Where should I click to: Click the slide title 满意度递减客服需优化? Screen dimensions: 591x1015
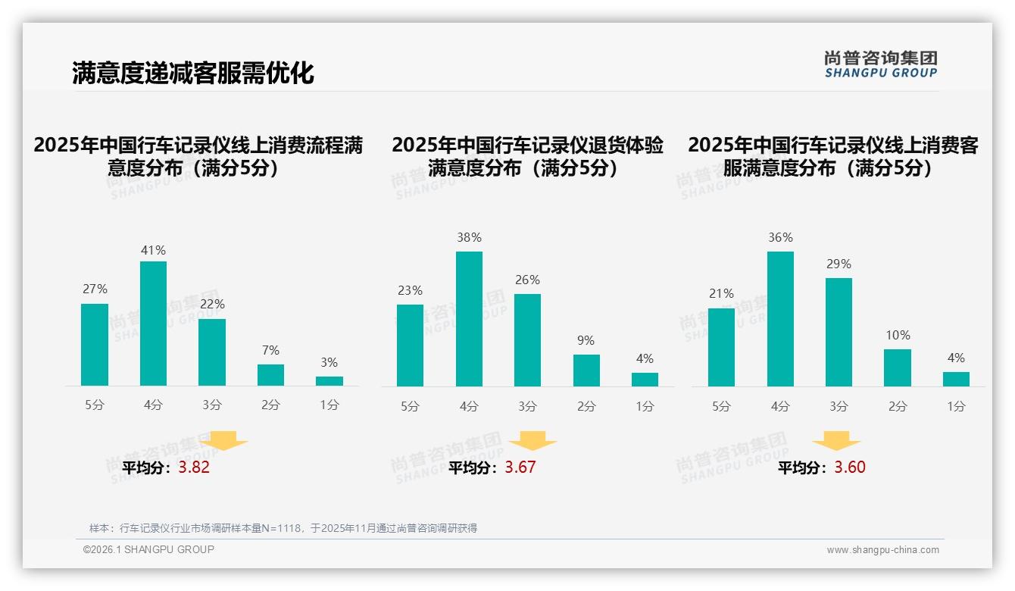pyautogui.click(x=192, y=73)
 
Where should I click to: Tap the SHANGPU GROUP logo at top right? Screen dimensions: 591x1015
pyautogui.click(x=880, y=64)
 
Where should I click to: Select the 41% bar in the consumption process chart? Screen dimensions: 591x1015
pyautogui.click(x=153, y=324)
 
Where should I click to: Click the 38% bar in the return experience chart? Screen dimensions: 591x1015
pyautogui.click(x=469, y=319)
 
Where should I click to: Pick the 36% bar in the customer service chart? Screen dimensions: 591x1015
pyautogui.click(x=780, y=319)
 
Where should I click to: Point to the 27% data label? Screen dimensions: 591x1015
pyautogui.click(x=95, y=289)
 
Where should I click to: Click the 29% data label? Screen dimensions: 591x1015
pyautogui.click(x=839, y=264)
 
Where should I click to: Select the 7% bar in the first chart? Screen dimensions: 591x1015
pyautogui.click(x=270, y=375)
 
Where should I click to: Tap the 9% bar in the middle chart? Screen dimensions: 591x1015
pyautogui.click(x=586, y=371)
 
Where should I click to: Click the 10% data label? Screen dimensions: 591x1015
pyautogui.click(x=898, y=335)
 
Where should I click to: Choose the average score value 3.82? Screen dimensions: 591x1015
pyautogui.click(x=194, y=467)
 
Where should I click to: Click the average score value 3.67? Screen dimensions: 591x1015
pyautogui.click(x=520, y=467)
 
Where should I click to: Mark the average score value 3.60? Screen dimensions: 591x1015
pyautogui.click(x=850, y=467)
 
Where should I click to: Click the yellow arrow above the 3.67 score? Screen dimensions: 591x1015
pyautogui.click(x=532, y=441)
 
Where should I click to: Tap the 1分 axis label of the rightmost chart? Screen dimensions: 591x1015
pyautogui.click(x=956, y=407)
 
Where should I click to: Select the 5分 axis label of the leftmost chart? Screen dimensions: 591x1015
pyautogui.click(x=95, y=405)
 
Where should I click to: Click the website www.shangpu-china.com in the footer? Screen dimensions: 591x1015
pyautogui.click(x=882, y=550)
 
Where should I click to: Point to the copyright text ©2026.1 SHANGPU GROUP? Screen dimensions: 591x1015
pyautogui.click(x=148, y=549)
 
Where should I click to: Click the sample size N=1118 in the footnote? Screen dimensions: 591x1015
pyautogui.click(x=281, y=528)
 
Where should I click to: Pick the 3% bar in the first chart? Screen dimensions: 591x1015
pyautogui.click(x=329, y=381)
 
